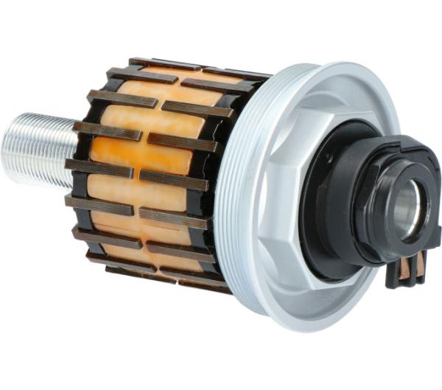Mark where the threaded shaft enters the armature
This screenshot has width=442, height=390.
tap(74, 147)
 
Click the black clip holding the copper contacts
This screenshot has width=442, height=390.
tap(409, 277)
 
